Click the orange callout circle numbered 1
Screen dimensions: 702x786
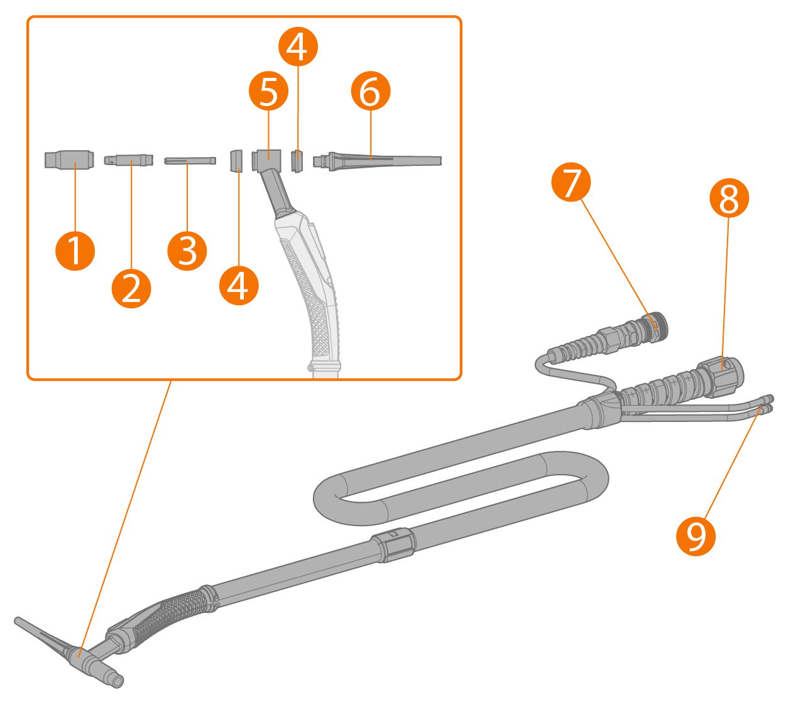click(75, 251)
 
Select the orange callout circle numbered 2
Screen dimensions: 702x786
click(131, 288)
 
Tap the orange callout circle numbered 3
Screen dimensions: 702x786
click(187, 251)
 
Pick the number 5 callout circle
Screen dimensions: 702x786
click(268, 92)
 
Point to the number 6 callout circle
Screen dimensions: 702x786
click(370, 92)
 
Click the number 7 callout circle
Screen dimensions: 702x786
click(570, 183)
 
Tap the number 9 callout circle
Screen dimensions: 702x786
click(696, 536)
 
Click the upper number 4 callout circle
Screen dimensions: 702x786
click(297, 46)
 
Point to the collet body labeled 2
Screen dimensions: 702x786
click(129, 160)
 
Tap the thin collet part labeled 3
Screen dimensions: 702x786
click(189, 161)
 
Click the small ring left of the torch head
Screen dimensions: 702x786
click(236, 160)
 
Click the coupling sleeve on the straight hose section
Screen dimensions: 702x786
click(393, 542)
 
